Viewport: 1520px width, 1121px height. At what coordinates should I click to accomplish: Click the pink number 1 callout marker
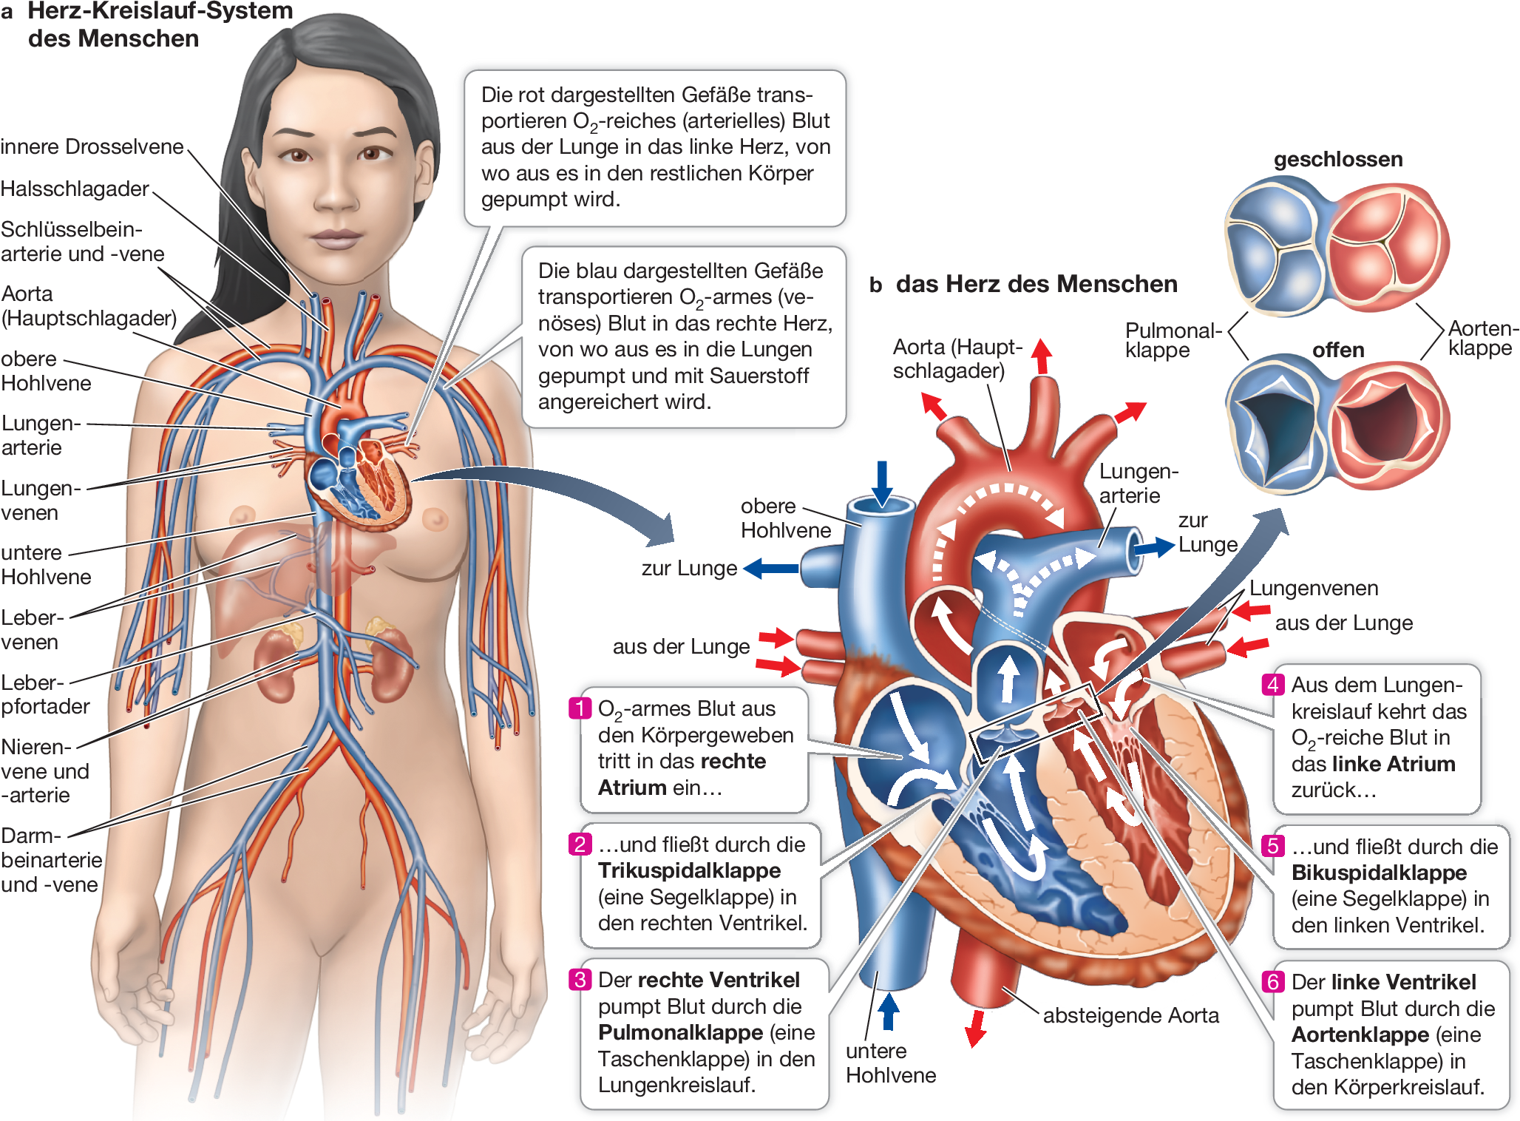(580, 708)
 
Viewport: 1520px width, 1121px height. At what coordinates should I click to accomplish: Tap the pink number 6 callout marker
(1272, 981)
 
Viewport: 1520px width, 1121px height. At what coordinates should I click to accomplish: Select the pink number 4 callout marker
(1272, 684)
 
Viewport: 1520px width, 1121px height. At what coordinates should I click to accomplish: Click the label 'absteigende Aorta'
(1130, 1015)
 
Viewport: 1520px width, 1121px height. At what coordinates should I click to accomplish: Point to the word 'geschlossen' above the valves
(1337, 159)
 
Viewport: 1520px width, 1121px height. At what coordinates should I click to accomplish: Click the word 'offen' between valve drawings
(1337, 350)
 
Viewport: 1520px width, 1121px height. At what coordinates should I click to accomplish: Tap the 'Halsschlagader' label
(75, 189)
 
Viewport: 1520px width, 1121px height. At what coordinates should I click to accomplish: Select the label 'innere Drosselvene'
(92, 146)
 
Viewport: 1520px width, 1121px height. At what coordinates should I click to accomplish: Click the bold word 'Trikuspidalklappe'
(689, 870)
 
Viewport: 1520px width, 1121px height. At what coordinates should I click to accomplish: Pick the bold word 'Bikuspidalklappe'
(1379, 873)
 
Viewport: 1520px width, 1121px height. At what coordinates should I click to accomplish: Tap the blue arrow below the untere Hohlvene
(888, 1011)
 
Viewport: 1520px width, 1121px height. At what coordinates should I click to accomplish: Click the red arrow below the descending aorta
(977, 1028)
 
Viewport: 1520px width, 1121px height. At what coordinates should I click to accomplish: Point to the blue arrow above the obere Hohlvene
(881, 482)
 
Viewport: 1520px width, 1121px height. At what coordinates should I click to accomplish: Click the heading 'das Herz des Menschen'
(1036, 284)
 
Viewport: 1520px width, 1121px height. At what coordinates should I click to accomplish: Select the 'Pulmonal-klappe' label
(1172, 339)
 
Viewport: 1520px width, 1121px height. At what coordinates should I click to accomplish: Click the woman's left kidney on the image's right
(393, 666)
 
